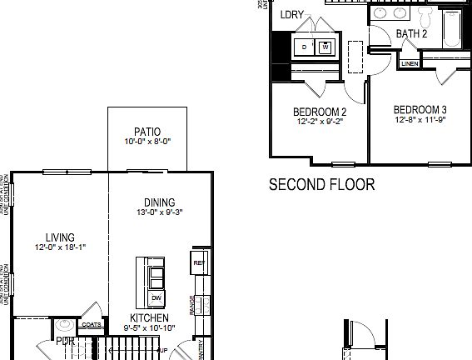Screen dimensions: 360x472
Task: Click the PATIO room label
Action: tap(147, 132)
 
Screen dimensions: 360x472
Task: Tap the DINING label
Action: tap(158, 202)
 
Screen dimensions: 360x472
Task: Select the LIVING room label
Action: tap(60, 237)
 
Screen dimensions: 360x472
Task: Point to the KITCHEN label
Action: tap(149, 318)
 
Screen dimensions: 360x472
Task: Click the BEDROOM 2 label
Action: tap(320, 112)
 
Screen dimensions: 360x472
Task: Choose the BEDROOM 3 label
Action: tap(420, 109)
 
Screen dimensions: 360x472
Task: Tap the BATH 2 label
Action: tap(411, 34)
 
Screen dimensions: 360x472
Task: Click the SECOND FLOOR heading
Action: tap(321, 184)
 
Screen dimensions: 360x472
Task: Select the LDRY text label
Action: tap(292, 14)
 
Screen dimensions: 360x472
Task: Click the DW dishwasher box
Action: tap(156, 298)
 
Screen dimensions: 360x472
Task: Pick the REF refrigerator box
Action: tap(198, 263)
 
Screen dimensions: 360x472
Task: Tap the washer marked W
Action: tap(325, 46)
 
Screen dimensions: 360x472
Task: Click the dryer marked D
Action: tap(304, 47)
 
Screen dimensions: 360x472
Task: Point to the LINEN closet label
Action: tap(410, 63)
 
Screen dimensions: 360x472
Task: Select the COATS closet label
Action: tap(92, 325)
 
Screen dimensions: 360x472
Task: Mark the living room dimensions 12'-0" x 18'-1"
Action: tap(60, 247)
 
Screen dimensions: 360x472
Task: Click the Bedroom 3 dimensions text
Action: tap(420, 119)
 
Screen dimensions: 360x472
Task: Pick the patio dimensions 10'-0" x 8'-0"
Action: tap(147, 141)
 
